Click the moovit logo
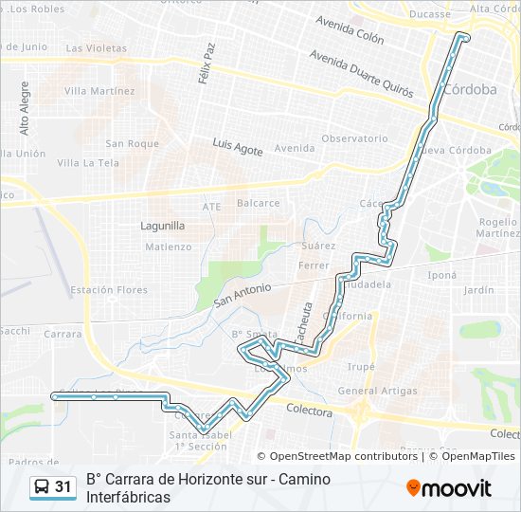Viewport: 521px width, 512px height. [449, 488]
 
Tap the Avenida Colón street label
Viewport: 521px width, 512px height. [350, 32]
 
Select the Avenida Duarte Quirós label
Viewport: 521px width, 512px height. [361, 73]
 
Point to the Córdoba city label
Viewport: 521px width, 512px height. [470, 89]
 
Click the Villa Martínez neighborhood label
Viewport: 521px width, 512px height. [99, 91]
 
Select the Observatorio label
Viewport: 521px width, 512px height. [354, 138]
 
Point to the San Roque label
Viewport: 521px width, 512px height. [132, 144]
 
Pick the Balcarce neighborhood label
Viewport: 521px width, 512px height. [258, 203]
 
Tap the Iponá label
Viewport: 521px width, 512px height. [441, 275]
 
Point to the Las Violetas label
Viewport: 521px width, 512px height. [96, 47]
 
